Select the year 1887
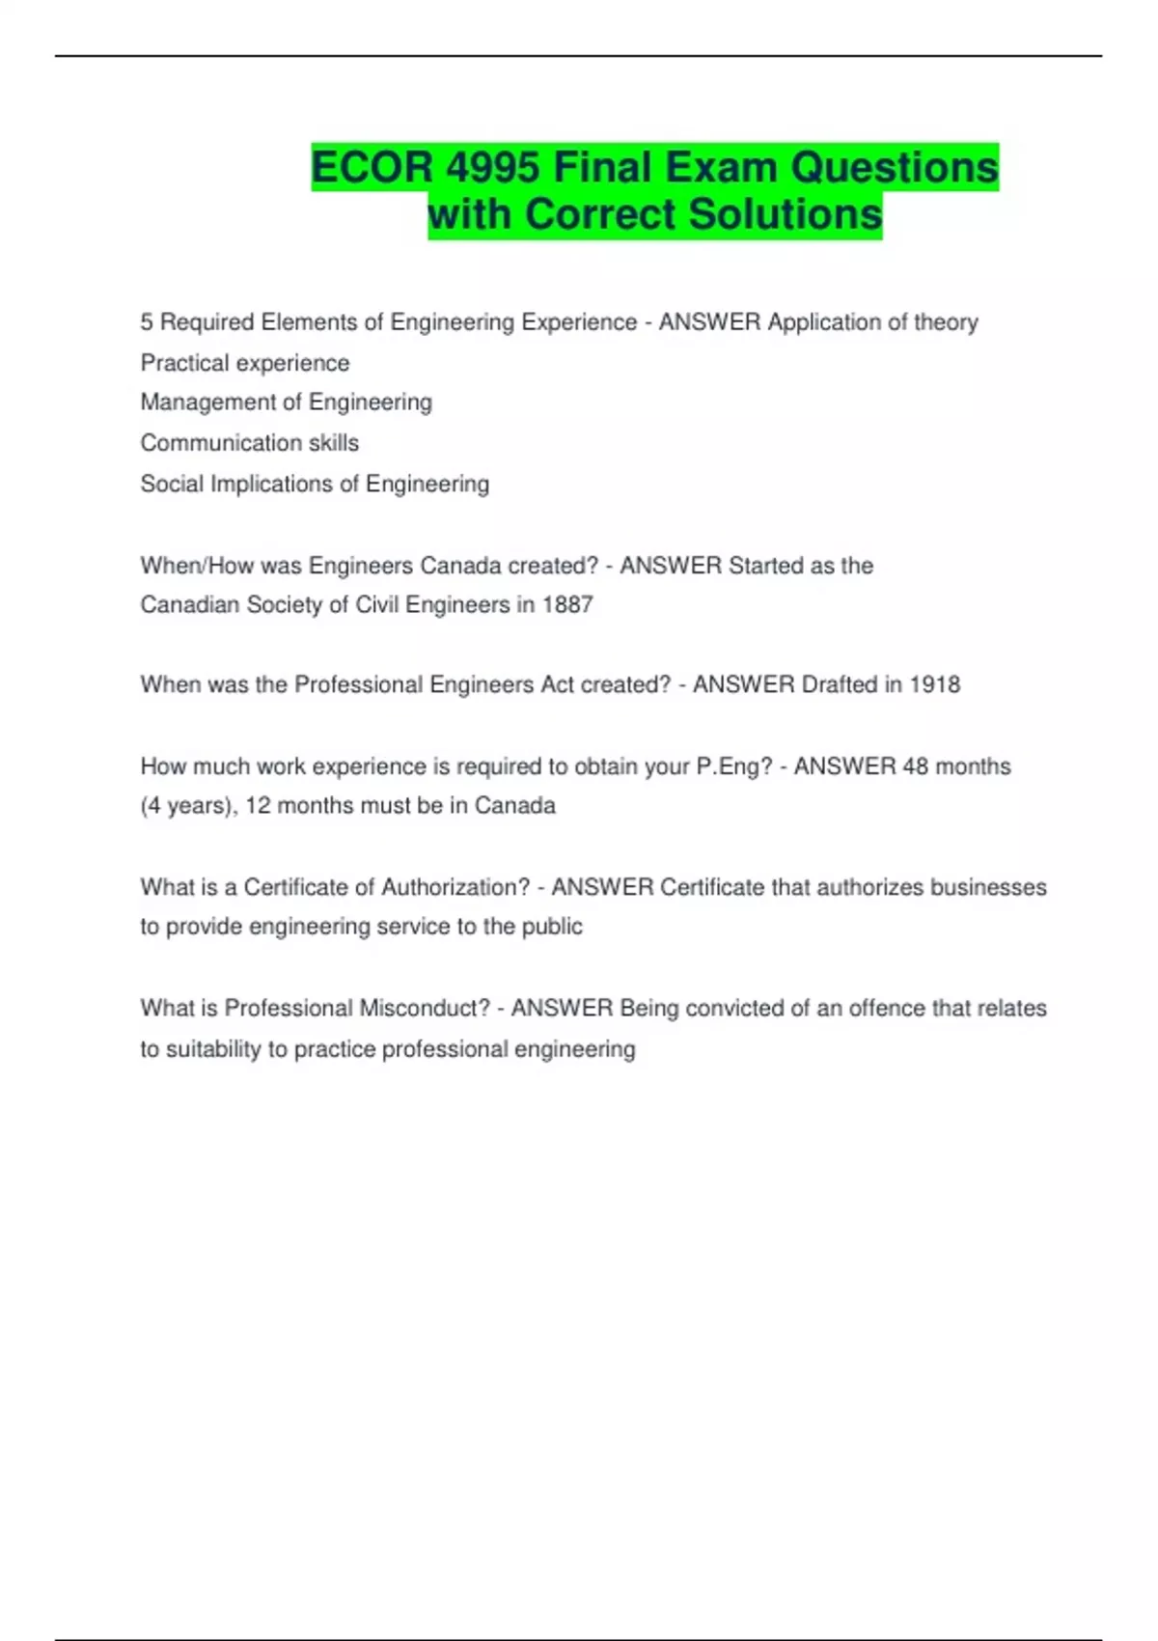pyautogui.click(x=567, y=605)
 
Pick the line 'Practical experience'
pyautogui.click(x=245, y=364)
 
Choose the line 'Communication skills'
pyautogui.click(x=249, y=443)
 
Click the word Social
pyautogui.click(x=172, y=484)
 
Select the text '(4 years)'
pyautogui.click(x=188, y=806)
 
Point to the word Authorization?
pyautogui.click(x=455, y=887)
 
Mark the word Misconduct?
pyautogui.click(x=425, y=1009)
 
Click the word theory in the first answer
pyautogui.click(x=946, y=322)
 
